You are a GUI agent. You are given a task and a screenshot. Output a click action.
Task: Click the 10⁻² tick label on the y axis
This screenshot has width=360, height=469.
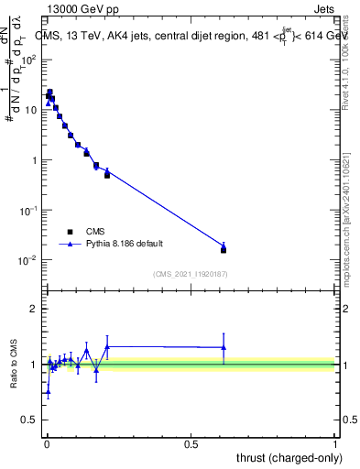(x=28, y=260)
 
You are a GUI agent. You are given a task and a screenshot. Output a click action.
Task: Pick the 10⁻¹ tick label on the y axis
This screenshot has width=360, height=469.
(x=28, y=210)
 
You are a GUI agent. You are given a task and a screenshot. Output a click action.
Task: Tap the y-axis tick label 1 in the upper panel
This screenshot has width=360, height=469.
(x=35, y=160)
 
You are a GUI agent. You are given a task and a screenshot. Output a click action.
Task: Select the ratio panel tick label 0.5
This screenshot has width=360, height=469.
(x=30, y=420)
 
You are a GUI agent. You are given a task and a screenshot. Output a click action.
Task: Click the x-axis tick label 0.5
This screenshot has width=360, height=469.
(x=191, y=443)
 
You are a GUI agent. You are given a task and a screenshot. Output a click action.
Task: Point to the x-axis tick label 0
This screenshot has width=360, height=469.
(x=46, y=443)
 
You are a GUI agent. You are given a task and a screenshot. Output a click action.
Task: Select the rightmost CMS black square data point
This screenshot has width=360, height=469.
(x=224, y=250)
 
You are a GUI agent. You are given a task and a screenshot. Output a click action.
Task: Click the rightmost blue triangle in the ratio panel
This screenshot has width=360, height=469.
(x=224, y=347)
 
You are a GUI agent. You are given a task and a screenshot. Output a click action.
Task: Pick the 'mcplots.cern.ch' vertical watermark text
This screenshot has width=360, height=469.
(x=352, y=229)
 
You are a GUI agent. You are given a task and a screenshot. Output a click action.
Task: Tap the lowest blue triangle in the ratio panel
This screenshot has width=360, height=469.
(x=48, y=391)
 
